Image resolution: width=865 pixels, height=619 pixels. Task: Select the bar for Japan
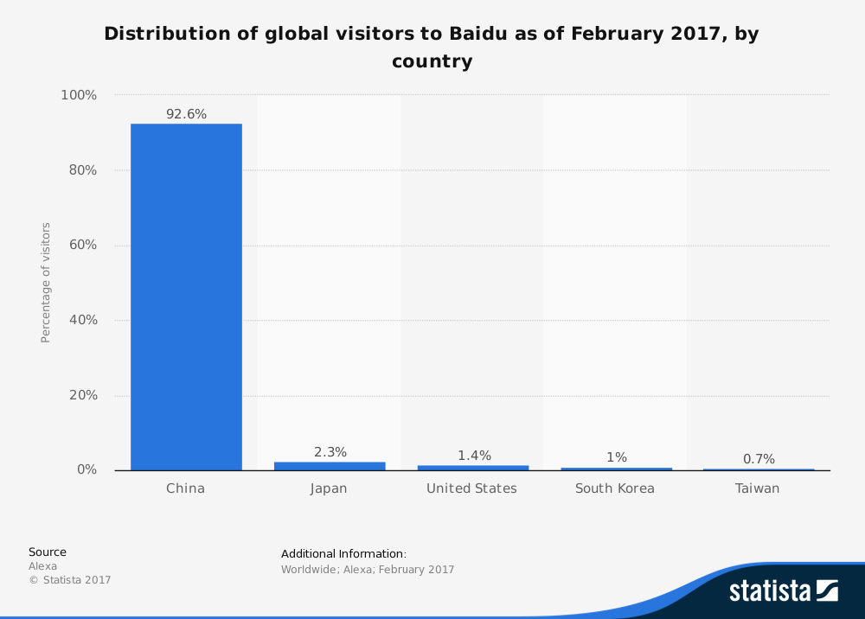330,466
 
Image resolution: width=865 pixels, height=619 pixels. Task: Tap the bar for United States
472,468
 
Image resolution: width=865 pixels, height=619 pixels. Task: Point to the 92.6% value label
186,114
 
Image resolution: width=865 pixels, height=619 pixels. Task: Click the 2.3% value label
330,452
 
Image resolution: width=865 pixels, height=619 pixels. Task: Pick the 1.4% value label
474,456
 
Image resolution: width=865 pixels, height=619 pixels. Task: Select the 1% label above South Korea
616,457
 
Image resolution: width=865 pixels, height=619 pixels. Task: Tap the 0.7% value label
759,459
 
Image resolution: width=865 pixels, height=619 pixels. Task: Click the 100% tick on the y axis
78,95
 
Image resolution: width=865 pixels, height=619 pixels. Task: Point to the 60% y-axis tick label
80,246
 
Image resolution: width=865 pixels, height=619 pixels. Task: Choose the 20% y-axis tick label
80,395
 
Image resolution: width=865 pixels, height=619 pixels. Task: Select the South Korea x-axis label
615,488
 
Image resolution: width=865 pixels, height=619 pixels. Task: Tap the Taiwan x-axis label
757,488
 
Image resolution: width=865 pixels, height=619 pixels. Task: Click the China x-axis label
186,488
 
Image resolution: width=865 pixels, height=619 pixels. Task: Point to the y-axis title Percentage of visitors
46,283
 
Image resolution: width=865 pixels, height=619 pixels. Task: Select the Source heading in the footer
48,552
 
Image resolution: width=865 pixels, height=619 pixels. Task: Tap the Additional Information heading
343,554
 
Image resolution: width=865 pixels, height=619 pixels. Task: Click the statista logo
783,591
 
